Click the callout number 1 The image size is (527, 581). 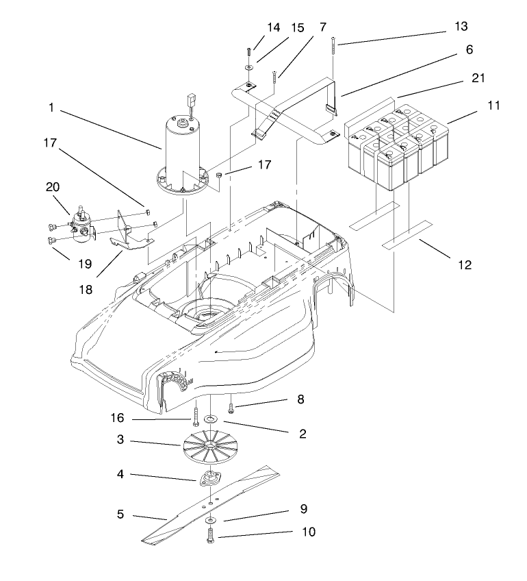tap(51, 108)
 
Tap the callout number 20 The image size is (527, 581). tap(53, 187)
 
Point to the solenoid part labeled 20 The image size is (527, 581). tap(81, 223)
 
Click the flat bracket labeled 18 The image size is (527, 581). tap(130, 239)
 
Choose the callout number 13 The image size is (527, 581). tap(461, 27)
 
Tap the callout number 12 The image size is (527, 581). tap(465, 264)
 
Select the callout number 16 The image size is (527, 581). tap(117, 417)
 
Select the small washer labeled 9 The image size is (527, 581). tap(209, 521)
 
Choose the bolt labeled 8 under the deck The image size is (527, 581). tap(233, 408)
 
